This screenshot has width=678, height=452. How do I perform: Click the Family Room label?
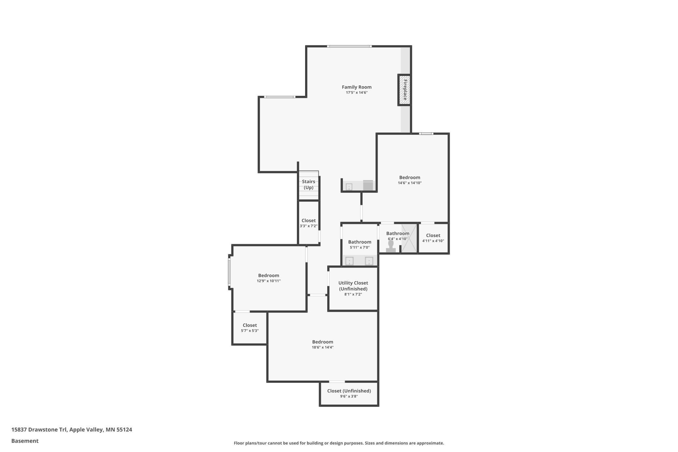(357, 87)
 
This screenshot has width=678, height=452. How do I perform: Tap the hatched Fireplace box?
(404, 90)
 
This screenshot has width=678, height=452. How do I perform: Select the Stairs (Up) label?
(308, 185)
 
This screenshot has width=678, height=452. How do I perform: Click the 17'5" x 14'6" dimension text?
(357, 93)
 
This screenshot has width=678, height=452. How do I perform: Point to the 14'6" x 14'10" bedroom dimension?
(410, 183)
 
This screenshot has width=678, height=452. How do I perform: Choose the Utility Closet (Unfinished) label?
(353, 286)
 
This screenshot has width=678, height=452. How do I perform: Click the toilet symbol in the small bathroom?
(391, 246)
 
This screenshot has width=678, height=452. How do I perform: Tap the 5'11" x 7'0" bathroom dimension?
(360, 248)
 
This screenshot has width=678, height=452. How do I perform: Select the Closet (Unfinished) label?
(349, 391)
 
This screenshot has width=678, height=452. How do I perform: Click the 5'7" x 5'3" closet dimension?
(250, 331)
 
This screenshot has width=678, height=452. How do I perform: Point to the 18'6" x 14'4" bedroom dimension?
(323, 347)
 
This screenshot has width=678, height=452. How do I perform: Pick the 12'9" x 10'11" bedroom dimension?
(269, 281)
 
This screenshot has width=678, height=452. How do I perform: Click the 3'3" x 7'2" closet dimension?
(308, 226)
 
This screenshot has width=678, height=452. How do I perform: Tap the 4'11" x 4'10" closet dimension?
(433, 241)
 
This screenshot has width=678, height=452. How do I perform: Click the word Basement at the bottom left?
(25, 441)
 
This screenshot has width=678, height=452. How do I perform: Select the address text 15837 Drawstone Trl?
(39, 429)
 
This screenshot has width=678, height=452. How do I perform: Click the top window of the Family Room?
(349, 46)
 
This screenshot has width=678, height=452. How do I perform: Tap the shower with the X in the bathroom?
(409, 238)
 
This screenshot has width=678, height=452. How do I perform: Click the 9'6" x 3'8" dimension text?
(349, 397)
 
